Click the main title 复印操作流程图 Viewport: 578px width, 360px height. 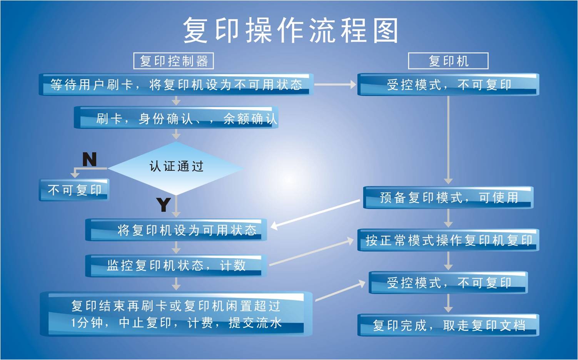pos(291,30)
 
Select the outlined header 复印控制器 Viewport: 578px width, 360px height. pos(174,61)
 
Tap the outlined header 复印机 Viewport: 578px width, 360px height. pos(448,61)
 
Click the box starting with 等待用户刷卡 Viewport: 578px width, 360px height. pos(176,85)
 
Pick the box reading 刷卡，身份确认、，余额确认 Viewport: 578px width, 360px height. pos(176,118)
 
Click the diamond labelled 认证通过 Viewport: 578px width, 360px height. pos(176,167)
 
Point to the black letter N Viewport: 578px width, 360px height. pos(89,159)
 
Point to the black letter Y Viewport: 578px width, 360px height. pos(164,204)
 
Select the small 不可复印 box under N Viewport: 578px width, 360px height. pos(74,189)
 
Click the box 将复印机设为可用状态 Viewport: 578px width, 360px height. pos(176,230)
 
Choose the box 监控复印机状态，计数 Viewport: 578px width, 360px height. pos(176,265)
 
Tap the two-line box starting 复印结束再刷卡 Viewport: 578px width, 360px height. pos(176,314)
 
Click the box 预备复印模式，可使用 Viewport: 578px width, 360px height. pos(448,198)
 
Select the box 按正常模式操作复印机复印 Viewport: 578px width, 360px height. pos(448,240)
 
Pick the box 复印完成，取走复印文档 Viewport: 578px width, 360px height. pos(448,325)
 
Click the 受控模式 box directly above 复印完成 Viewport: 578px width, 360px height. pos(448,283)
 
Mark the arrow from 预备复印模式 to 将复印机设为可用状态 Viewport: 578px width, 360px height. pos(316,213)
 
